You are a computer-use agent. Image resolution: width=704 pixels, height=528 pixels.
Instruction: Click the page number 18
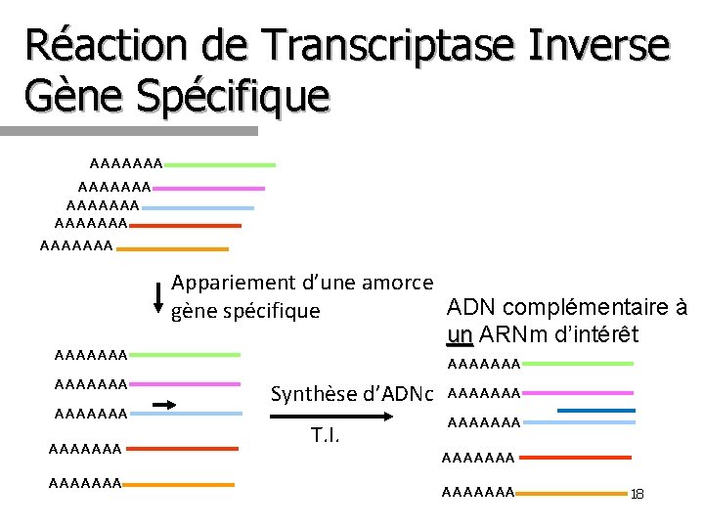point(638,495)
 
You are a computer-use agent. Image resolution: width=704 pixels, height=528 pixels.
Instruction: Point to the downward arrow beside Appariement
point(158,296)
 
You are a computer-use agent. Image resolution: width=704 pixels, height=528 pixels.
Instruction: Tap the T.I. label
point(325,434)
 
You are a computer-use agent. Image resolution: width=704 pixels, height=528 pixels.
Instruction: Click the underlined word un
point(459,334)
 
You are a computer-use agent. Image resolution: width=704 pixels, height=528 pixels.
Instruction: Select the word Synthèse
point(312,395)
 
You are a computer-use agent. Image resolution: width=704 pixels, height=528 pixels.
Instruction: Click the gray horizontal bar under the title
point(127,129)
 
